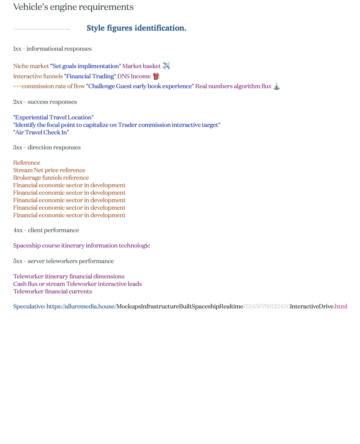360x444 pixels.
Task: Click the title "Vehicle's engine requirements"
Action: [x=73, y=7]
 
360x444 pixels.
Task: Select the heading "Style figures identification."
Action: [x=136, y=28]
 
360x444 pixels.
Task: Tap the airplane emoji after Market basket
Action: [x=166, y=66]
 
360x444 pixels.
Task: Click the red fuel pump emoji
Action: [x=156, y=76]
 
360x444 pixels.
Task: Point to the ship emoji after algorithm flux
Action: [x=277, y=86]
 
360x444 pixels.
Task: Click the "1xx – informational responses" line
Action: [x=52, y=49]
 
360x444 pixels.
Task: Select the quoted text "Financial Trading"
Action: [x=90, y=76]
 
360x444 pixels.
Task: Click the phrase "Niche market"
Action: [x=31, y=66]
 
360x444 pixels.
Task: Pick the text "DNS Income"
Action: [x=134, y=76]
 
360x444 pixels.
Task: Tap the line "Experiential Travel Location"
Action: [x=53, y=117]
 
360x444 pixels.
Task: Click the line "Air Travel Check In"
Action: [x=41, y=132]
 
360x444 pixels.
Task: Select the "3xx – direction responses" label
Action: [x=47, y=147]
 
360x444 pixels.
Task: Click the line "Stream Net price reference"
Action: [x=49, y=170]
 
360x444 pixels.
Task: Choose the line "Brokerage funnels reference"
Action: [x=51, y=178]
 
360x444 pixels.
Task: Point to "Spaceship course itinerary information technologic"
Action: [x=82, y=245]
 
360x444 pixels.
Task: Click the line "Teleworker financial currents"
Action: [x=52, y=291]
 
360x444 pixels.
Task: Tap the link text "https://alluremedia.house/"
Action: [x=81, y=306]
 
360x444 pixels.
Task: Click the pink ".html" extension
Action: [x=341, y=306]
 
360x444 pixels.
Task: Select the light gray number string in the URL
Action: [x=266, y=306]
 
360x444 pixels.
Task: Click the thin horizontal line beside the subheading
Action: [x=41, y=29]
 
